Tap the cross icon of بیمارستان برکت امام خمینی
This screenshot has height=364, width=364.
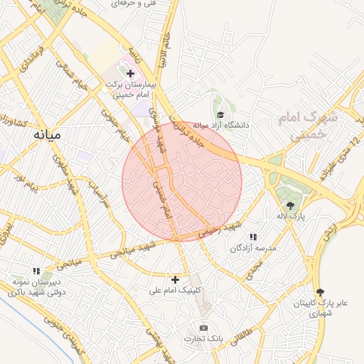click(x=130, y=73)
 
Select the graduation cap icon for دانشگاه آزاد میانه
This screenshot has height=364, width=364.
click(x=220, y=114)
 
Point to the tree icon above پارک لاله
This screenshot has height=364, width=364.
click(x=289, y=205)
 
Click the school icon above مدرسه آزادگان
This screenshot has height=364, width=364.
click(x=252, y=237)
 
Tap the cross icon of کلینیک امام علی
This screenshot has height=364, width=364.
click(x=176, y=279)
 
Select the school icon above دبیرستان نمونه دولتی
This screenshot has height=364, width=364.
click(x=36, y=270)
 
